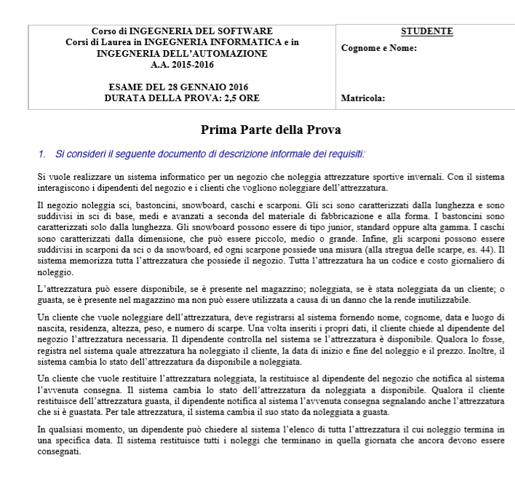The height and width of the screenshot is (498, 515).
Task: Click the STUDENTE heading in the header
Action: (x=427, y=31)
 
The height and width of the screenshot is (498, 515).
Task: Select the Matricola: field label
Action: (x=362, y=98)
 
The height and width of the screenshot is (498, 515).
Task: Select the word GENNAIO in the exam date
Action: (x=196, y=87)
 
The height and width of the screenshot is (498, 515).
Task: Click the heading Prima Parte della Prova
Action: (x=271, y=130)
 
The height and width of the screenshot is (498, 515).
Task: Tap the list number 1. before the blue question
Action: (x=42, y=154)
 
